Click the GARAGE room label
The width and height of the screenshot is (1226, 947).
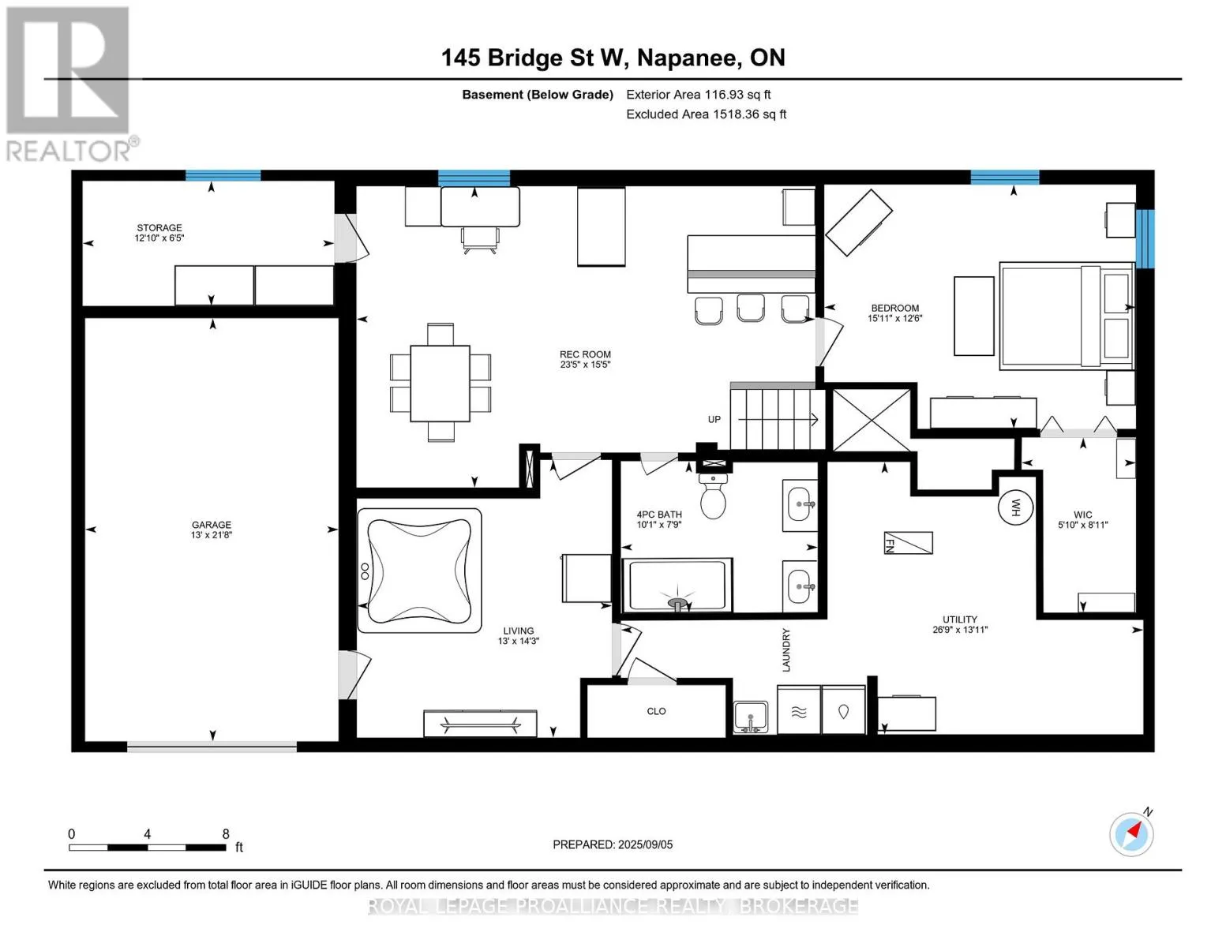pyautogui.click(x=211, y=525)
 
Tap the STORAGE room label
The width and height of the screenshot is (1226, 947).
pyautogui.click(x=159, y=228)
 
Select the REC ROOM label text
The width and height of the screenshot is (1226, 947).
pyautogui.click(x=585, y=354)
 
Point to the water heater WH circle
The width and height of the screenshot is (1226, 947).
pyautogui.click(x=1015, y=507)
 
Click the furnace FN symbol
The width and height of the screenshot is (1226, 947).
pyautogui.click(x=909, y=543)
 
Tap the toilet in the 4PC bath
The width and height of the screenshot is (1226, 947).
pyautogui.click(x=713, y=496)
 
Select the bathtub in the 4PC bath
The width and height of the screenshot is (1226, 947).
pyautogui.click(x=677, y=585)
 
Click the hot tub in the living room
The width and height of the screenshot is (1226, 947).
pyautogui.click(x=419, y=571)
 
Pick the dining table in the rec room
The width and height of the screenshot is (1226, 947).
pyautogui.click(x=440, y=384)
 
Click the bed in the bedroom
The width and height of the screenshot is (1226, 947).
pyautogui.click(x=1067, y=316)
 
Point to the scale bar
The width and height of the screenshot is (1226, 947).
pyautogui.click(x=148, y=847)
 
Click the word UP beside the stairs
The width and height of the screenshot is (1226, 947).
pyautogui.click(x=714, y=420)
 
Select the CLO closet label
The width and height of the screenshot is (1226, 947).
pyautogui.click(x=656, y=711)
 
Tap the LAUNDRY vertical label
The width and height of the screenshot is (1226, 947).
pyautogui.click(x=786, y=649)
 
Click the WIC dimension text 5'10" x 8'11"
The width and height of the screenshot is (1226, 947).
pyautogui.click(x=1082, y=525)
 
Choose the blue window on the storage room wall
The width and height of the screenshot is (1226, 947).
pyautogui.click(x=223, y=175)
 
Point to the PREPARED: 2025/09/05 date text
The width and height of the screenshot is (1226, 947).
pyautogui.click(x=613, y=844)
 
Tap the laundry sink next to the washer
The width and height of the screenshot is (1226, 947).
pyautogui.click(x=751, y=717)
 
